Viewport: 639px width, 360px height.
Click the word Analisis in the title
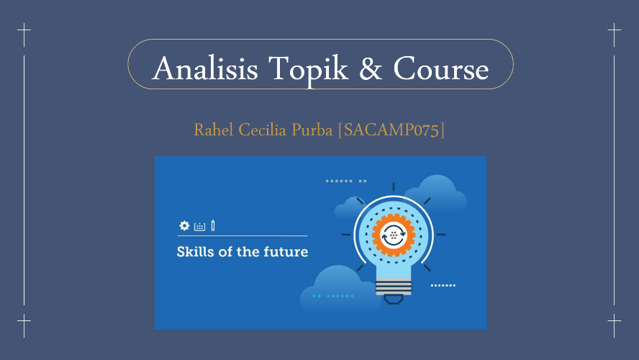205,68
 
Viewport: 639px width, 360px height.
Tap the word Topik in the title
308,69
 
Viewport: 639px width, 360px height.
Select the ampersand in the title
371,68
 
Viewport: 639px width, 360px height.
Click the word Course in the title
441,68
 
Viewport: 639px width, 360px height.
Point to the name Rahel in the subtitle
214,130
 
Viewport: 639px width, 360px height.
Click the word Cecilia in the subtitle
262,130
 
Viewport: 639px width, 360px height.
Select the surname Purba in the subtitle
312,130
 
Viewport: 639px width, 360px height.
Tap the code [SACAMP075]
391,130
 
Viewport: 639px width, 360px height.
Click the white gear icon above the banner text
185,225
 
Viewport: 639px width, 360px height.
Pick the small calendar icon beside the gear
200,227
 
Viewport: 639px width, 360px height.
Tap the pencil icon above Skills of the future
213,225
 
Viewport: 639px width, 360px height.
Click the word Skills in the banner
195,251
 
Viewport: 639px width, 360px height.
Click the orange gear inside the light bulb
394,235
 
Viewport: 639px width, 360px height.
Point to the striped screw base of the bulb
394,286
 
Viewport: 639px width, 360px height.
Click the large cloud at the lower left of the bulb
337,290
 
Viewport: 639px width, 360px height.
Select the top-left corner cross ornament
24,30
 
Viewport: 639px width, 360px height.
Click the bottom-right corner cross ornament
614,321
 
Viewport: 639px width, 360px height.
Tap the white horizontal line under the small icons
243,235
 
